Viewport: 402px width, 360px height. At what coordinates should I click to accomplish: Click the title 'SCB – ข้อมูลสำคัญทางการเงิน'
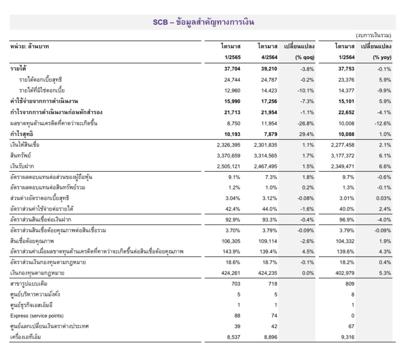203,22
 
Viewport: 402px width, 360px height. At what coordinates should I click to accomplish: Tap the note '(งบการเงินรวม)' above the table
373,35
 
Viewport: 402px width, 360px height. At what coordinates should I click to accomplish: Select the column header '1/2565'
232,57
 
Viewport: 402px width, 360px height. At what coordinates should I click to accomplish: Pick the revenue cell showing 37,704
232,69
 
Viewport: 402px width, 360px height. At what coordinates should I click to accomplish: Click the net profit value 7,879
269,134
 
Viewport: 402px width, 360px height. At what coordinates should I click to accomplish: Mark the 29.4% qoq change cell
307,134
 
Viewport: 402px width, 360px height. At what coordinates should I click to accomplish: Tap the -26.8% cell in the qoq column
306,123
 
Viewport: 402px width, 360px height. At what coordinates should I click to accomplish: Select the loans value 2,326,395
228,145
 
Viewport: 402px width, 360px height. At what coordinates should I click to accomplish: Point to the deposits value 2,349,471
343,166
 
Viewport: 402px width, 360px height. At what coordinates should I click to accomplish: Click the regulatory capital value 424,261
230,273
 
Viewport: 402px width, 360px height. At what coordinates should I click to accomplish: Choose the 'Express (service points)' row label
37,316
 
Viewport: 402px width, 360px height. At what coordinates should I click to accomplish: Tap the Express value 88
237,316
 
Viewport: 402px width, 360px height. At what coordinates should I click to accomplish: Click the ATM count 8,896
269,337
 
